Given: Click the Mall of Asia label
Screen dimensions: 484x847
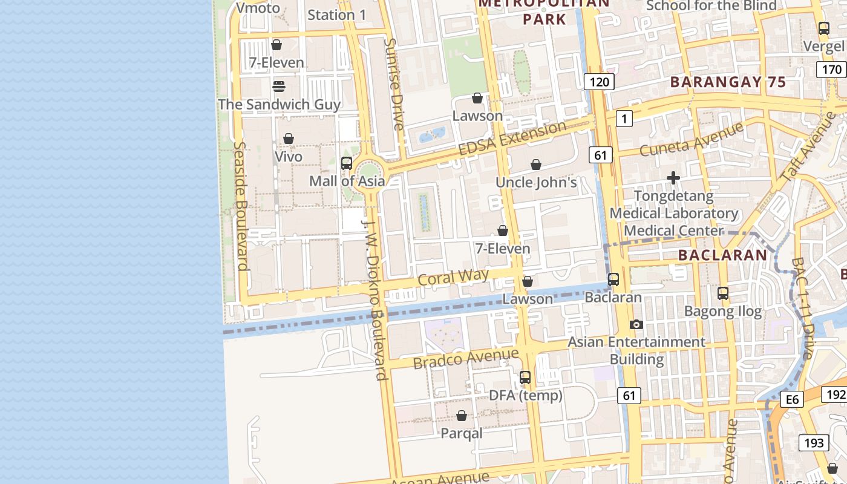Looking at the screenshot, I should pos(347,181).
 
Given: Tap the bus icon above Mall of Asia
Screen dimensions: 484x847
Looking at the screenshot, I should pos(347,163).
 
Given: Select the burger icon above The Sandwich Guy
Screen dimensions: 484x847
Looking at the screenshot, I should pos(279,86).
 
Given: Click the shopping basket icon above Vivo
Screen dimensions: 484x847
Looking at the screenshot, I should pos(289,139).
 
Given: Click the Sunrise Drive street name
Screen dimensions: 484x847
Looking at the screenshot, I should pos(394,85).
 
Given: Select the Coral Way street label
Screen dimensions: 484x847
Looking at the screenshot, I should pos(453,277).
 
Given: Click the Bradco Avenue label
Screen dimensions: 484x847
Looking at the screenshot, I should pos(466,358).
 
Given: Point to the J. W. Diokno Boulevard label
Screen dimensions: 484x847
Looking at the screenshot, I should pos(374,299).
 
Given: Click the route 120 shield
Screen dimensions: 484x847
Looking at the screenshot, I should pos(599,82).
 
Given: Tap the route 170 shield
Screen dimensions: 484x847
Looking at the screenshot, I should pos(832,70).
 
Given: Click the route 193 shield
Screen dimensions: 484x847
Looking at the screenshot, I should pos(814,443).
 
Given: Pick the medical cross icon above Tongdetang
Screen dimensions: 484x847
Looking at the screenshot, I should pos(673,178).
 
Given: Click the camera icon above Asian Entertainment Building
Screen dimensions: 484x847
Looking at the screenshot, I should pos(636,325).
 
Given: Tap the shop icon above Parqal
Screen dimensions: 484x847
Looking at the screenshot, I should pos(462,416).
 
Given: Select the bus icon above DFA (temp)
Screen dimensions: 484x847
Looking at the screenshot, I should pos(525,378).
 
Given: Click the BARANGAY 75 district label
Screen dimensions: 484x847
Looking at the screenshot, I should pos(728,82).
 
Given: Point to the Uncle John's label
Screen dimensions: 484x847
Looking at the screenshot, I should pos(536,182).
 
